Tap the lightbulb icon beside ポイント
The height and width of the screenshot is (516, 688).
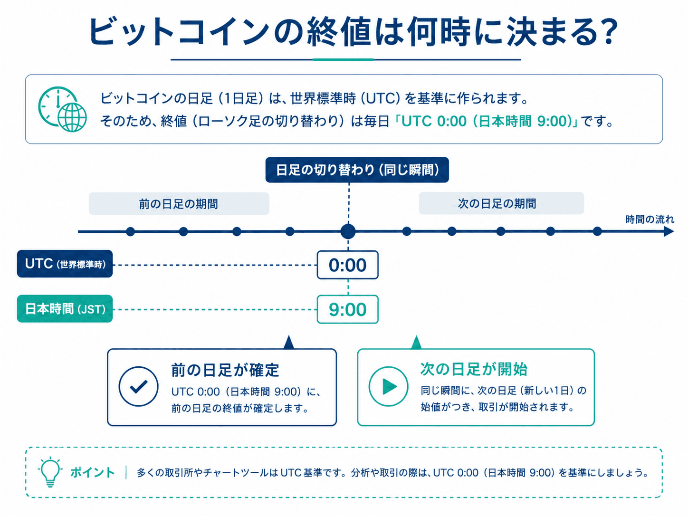click(49, 472)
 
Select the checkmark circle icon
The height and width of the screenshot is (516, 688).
click(138, 386)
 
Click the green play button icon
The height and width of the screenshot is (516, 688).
click(388, 386)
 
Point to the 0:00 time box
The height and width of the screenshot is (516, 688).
click(348, 265)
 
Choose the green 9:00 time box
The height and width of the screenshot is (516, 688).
click(348, 309)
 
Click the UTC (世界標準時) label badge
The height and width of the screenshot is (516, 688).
click(65, 264)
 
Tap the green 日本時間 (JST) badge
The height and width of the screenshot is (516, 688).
click(65, 308)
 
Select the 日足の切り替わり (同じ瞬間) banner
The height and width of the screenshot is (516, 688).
click(357, 170)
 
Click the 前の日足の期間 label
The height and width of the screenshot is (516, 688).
click(179, 204)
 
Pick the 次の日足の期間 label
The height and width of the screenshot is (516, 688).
click(501, 203)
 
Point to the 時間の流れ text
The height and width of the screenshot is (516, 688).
click(650, 220)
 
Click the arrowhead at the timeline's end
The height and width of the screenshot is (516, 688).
click(669, 231)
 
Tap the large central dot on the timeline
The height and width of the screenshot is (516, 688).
click(348, 231)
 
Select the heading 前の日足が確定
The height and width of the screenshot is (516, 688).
click(225, 370)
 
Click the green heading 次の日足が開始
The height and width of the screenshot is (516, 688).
click(474, 369)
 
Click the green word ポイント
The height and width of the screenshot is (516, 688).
click(93, 472)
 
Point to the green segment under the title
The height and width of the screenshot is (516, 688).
click(343, 59)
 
